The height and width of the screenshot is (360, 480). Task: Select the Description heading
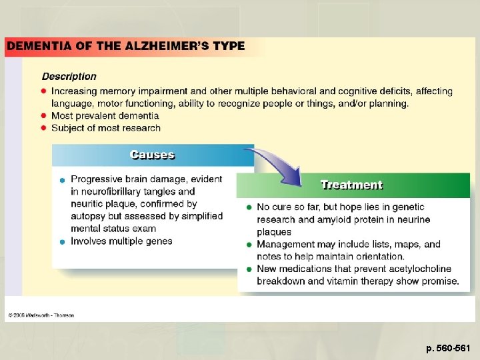click(x=69, y=77)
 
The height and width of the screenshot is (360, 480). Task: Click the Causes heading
click(x=152, y=155)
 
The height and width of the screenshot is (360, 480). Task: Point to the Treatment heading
click(x=351, y=185)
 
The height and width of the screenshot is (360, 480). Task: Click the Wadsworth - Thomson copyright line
click(x=41, y=315)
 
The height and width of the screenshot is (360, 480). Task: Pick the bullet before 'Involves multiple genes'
click(x=61, y=241)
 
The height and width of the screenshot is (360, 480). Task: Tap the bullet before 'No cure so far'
click(x=249, y=207)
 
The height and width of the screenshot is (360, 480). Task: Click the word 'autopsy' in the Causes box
click(x=87, y=216)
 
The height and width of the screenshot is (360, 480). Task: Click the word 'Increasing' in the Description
click(x=74, y=91)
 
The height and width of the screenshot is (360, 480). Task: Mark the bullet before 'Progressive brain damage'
click(x=61, y=180)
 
